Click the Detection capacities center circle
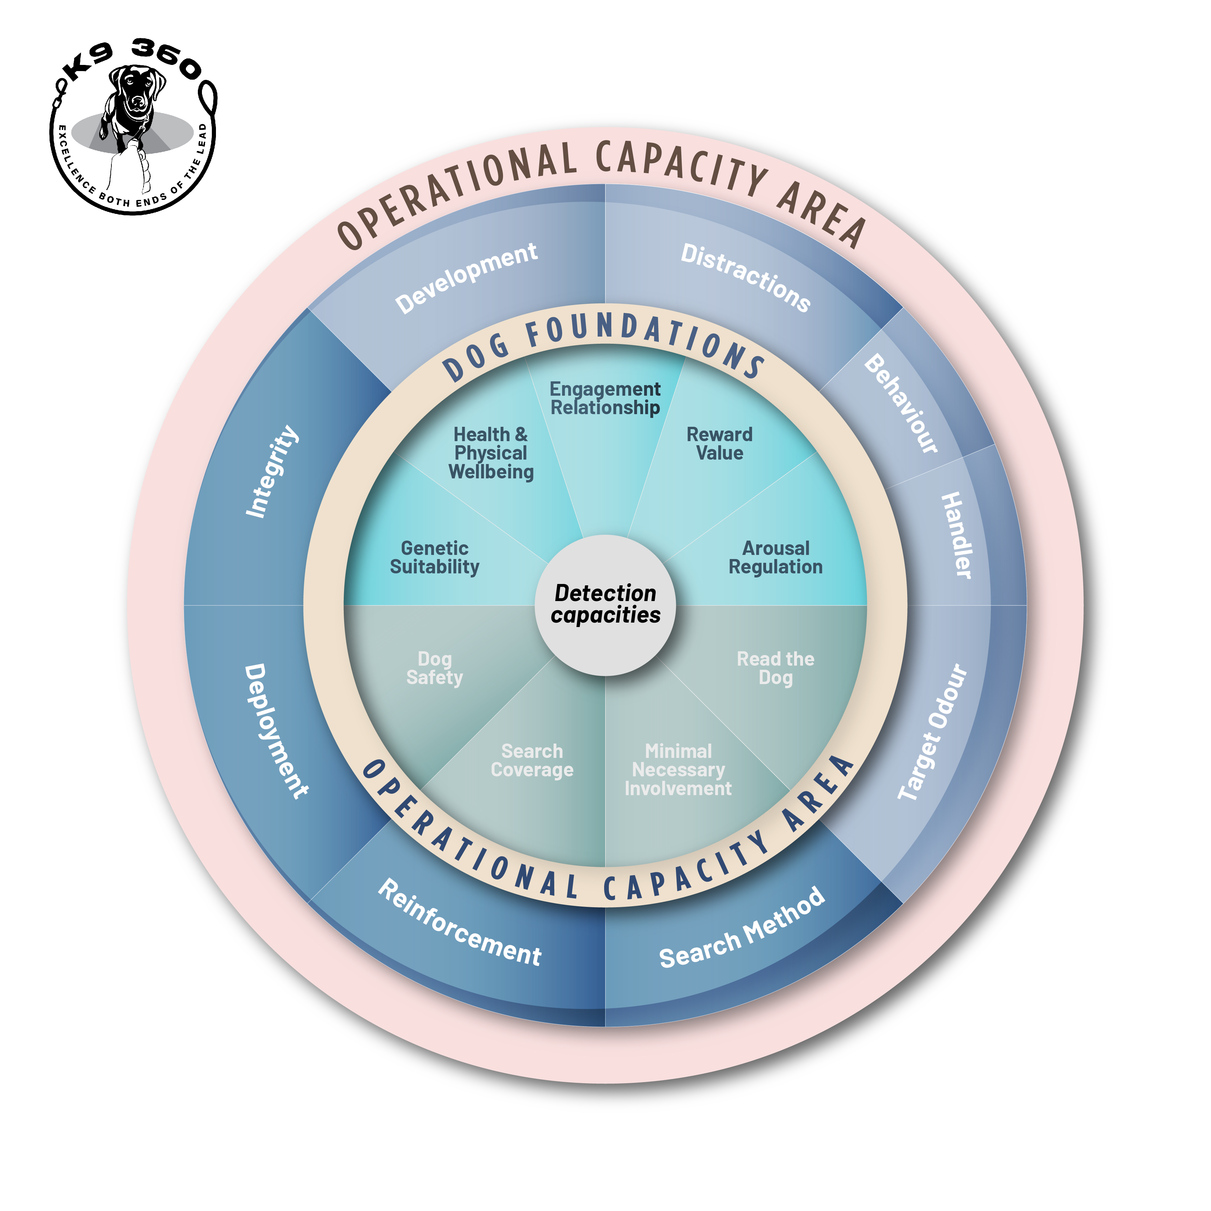[x=605, y=604]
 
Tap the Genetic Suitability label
[x=434, y=557]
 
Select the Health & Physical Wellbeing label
[x=491, y=452]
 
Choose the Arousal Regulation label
[x=775, y=557]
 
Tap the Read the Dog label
[x=775, y=668]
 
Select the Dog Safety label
[x=434, y=668]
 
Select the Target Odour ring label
[x=933, y=732]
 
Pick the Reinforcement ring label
[x=460, y=923]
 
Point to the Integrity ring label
[x=272, y=471]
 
